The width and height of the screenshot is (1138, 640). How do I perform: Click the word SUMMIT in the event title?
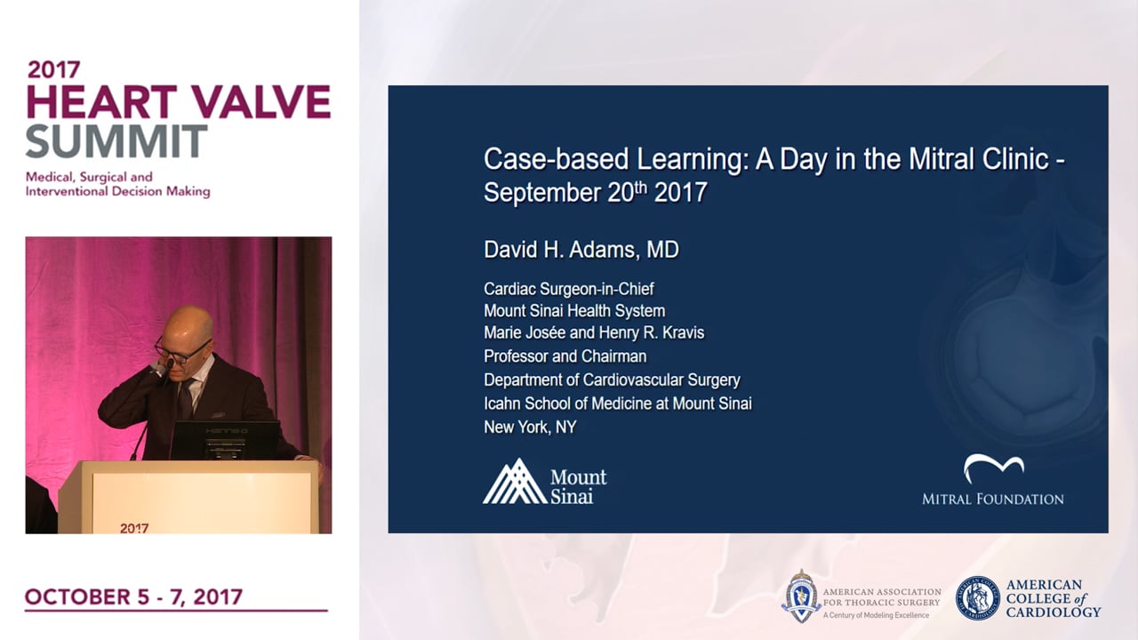[116, 141]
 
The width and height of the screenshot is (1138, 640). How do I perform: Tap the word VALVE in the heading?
[262, 102]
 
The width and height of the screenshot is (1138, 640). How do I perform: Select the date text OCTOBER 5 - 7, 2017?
[133, 596]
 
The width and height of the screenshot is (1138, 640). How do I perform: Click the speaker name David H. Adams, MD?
[581, 250]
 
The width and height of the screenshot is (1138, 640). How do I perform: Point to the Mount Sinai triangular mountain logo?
[515, 481]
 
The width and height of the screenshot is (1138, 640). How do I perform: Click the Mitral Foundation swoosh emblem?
[994, 468]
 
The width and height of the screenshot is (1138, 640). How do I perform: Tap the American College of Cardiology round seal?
[977, 598]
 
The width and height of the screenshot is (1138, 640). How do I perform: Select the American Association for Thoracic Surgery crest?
[801, 596]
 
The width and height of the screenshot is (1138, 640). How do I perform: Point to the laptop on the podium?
[225, 440]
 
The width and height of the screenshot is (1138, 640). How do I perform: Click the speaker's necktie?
[186, 399]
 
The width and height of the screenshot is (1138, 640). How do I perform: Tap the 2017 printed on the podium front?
[134, 528]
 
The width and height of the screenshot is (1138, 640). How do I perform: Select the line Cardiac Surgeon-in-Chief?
[568, 289]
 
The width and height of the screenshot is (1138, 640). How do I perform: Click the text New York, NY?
[530, 428]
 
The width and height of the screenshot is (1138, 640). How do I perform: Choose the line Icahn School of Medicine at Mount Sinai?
[618, 404]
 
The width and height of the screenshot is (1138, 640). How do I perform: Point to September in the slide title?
[542, 194]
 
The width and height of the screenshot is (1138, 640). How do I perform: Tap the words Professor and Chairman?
[565, 356]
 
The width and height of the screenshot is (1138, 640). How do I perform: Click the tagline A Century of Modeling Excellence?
[876, 616]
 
